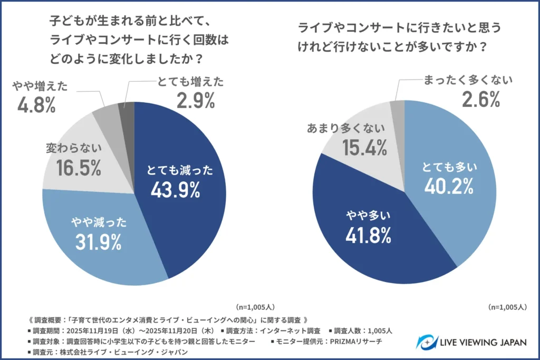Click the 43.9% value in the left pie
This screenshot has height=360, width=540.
(175, 190)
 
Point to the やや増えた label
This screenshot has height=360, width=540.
(41, 86)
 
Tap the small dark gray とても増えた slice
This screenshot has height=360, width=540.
(127, 111)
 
